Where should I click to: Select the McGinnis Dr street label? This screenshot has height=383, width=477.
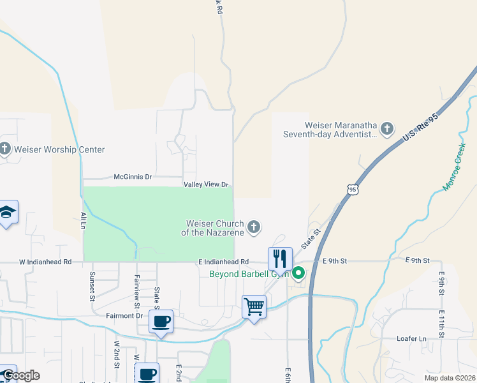click(133, 177)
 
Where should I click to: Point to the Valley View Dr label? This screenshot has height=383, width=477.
click(206, 185)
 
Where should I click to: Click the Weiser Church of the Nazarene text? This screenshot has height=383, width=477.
click(215, 228)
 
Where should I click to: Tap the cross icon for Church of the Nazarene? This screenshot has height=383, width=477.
click(254, 227)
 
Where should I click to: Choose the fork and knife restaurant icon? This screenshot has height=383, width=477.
click(280, 259)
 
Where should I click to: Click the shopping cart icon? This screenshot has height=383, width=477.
click(254, 307)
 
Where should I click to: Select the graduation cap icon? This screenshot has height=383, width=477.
click(8, 213)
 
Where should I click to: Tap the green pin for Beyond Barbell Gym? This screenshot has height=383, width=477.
click(298, 274)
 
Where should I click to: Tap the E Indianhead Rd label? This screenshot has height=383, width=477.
click(223, 262)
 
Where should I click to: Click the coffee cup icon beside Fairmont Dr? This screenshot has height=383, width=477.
click(161, 321)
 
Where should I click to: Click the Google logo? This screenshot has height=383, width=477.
click(20, 375)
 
